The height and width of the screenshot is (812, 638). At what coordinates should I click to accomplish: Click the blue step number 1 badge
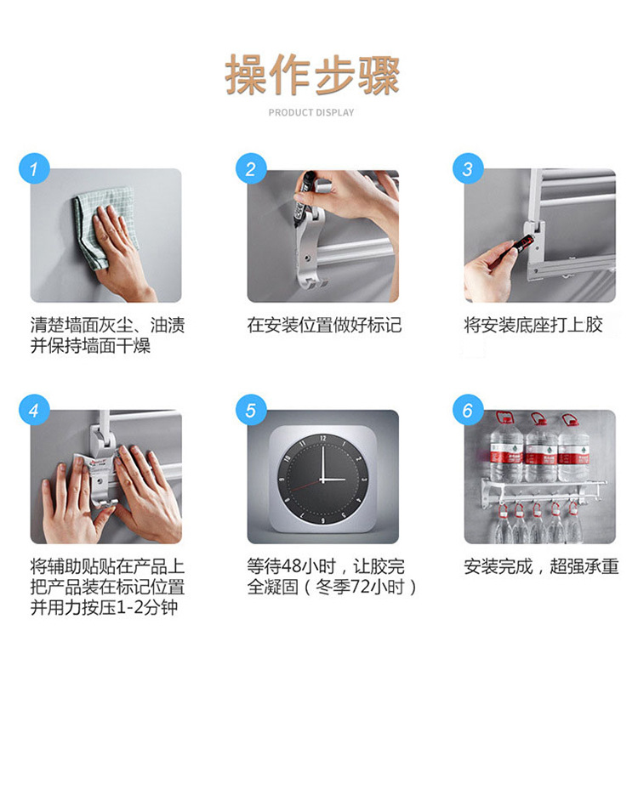34,169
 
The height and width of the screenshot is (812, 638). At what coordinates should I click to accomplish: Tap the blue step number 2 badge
251,169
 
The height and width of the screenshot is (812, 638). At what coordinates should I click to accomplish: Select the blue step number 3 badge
468,169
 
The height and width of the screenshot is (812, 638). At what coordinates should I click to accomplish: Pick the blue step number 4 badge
34,410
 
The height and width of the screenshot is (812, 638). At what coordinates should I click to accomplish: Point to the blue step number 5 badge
251,410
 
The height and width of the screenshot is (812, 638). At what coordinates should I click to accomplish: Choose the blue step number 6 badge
468,410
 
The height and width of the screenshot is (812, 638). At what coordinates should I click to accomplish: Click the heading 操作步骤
312,75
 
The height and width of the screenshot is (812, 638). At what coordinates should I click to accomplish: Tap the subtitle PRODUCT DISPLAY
311,112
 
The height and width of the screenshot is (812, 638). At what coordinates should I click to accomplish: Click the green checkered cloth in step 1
104,228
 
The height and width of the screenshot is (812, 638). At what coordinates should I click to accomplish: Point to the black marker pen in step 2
302,200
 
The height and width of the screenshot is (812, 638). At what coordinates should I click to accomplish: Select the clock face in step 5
323,479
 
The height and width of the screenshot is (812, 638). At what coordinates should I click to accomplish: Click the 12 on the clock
323,439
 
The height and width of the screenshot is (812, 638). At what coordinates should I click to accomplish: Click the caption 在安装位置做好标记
324,325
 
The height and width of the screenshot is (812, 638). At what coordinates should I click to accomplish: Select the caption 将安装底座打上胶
533,325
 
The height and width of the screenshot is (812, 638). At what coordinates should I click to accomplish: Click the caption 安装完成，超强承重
541,566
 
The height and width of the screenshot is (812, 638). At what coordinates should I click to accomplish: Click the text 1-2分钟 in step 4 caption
148,607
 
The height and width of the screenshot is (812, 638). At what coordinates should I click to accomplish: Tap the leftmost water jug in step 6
505,447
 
